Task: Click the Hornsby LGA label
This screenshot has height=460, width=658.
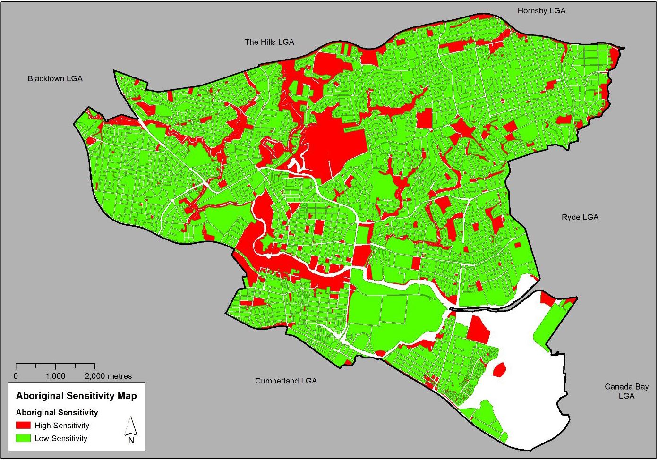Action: [x=541, y=10]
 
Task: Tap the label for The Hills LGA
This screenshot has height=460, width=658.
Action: [x=269, y=42]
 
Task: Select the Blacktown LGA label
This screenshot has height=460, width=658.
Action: [x=55, y=78]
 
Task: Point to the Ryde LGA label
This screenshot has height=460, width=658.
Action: [x=580, y=217]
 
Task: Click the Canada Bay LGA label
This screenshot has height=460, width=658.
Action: [x=626, y=391]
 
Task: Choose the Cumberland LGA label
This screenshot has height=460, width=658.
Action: [x=286, y=381]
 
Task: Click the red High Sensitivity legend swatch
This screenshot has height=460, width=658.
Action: [x=23, y=426]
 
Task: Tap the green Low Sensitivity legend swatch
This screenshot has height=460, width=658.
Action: [x=23, y=438]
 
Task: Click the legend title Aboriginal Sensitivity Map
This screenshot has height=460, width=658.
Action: [x=76, y=396]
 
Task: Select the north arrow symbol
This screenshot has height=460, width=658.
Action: [x=131, y=427]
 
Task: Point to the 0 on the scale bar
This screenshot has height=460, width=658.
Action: [x=16, y=376]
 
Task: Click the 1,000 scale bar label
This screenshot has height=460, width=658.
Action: [x=55, y=376]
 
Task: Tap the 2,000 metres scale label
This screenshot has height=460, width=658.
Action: [x=108, y=376]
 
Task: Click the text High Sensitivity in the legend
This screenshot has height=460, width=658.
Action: [x=61, y=426]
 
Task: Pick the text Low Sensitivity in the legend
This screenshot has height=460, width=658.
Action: [x=61, y=438]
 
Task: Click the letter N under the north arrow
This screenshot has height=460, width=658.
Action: [x=131, y=440]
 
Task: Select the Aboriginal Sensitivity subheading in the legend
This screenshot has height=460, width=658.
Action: [x=57, y=412]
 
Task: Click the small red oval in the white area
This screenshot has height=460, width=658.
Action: [x=499, y=369]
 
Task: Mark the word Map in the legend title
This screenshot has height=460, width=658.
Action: [x=127, y=396]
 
